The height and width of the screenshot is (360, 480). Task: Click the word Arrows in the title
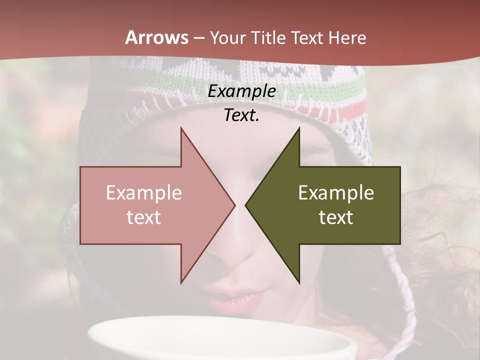[157, 37]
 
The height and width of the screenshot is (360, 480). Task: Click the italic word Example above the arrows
[242, 91]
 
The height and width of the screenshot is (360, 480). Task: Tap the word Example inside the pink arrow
[144, 193]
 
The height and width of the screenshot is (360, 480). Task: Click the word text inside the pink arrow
[144, 217]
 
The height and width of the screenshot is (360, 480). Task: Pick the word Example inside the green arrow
[336, 193]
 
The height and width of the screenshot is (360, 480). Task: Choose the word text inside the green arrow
[336, 217]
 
